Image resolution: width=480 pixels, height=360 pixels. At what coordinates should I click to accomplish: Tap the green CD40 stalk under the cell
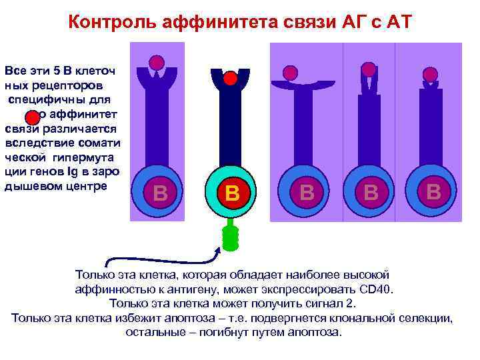(230, 237)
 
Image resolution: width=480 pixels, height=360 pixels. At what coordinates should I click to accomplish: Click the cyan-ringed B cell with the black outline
(231, 193)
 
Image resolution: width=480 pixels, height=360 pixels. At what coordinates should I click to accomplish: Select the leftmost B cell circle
(159, 193)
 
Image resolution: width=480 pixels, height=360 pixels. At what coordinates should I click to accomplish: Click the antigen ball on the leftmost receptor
(156, 63)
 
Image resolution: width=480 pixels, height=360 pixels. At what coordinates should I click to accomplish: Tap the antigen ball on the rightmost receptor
(431, 74)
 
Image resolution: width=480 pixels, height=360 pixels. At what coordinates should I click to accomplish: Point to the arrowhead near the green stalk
(219, 248)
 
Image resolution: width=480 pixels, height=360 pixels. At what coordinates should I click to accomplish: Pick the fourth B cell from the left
(371, 193)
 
